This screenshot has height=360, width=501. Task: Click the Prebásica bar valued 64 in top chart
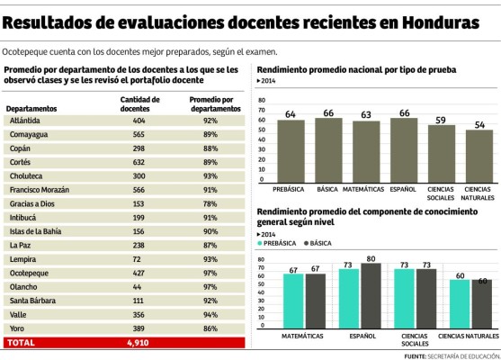[x=291, y=150]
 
